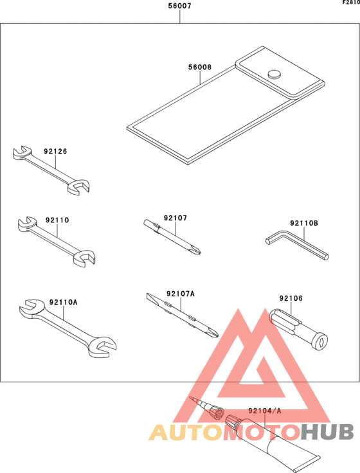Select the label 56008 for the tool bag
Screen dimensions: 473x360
pyautogui.click(x=200, y=67)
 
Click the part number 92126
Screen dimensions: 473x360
pyautogui.click(x=55, y=152)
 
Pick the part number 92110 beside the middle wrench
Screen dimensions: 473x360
pyautogui.click(x=57, y=220)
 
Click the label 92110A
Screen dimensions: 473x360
pyautogui.click(x=59, y=301)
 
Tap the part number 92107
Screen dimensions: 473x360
pyautogui.click(x=175, y=218)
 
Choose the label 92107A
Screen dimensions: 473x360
pyautogui.click(x=180, y=294)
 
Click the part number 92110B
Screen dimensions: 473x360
pyautogui.click(x=304, y=223)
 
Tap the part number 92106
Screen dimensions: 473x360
pyautogui.click(x=291, y=298)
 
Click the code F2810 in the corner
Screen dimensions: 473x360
pyautogui.click(x=350, y=3)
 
